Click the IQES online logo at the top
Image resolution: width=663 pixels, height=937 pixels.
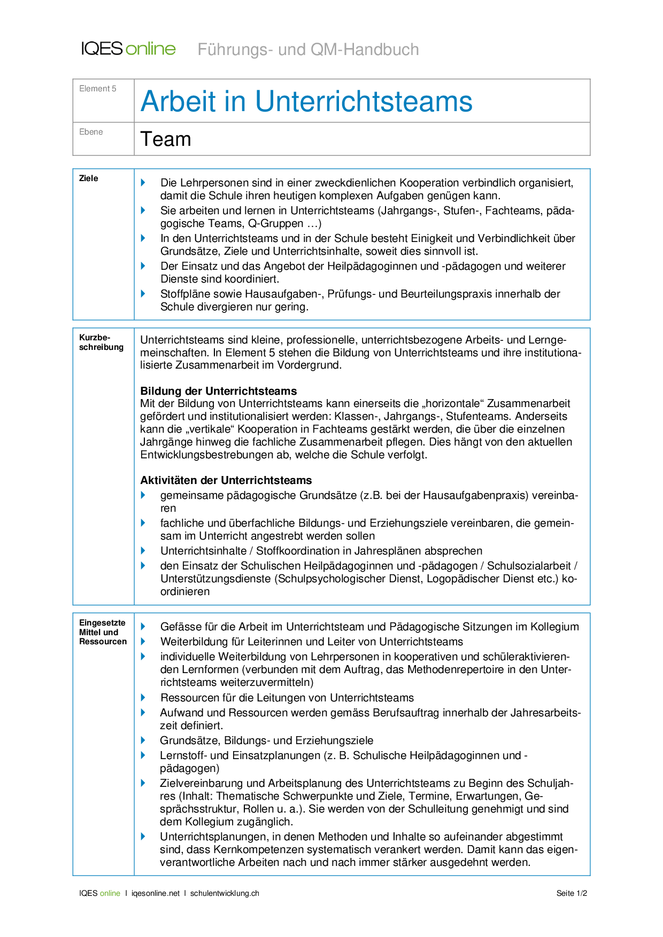tap(128, 49)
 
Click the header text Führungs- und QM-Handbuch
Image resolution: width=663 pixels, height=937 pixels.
tap(308, 50)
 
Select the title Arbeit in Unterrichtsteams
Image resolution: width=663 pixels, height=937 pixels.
tap(306, 101)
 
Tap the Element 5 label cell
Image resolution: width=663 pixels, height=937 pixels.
tap(98, 89)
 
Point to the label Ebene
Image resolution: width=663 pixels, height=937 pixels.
tap(91, 132)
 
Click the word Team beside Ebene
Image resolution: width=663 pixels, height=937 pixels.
tap(166, 139)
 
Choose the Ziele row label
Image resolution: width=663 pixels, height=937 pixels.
tap(89, 178)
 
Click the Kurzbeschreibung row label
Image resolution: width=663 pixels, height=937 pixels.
tap(101, 342)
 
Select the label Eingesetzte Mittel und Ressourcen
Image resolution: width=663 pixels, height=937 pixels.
tap(103, 632)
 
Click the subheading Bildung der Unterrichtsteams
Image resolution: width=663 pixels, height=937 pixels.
tap(218, 391)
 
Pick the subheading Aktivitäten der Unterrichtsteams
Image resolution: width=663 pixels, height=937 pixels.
tap(226, 480)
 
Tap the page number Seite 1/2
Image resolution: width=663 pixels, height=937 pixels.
tap(572, 893)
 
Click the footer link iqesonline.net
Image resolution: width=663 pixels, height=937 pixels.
tap(156, 893)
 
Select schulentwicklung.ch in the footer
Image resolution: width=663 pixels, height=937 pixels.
tap(225, 893)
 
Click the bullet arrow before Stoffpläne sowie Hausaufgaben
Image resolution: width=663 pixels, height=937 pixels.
tap(143, 293)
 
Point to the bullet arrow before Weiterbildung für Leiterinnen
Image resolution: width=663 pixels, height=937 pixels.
tap(143, 641)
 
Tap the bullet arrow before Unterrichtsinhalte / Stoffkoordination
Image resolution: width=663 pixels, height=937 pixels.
tap(143, 550)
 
